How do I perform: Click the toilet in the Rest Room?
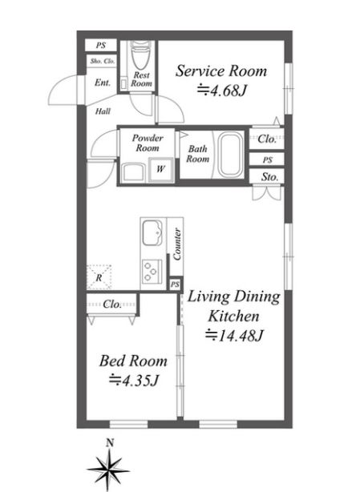(140, 55)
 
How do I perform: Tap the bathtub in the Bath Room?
(231, 155)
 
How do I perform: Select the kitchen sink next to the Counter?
(152, 232)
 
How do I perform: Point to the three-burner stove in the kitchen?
(152, 272)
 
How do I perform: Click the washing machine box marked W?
(160, 169)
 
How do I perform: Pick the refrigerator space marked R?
(99, 277)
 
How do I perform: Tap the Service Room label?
(221, 71)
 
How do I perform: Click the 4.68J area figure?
(222, 91)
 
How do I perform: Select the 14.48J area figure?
(234, 336)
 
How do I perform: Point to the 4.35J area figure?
(133, 381)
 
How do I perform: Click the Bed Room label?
(133, 361)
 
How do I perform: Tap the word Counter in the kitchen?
(176, 244)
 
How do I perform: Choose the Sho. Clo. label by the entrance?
(103, 61)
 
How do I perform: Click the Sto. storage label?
(270, 177)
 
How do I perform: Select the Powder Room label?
(148, 143)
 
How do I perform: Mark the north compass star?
(108, 470)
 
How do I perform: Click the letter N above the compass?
(110, 443)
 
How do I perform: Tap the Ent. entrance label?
(103, 83)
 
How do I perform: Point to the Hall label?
(103, 111)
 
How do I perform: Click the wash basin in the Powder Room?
(134, 172)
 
